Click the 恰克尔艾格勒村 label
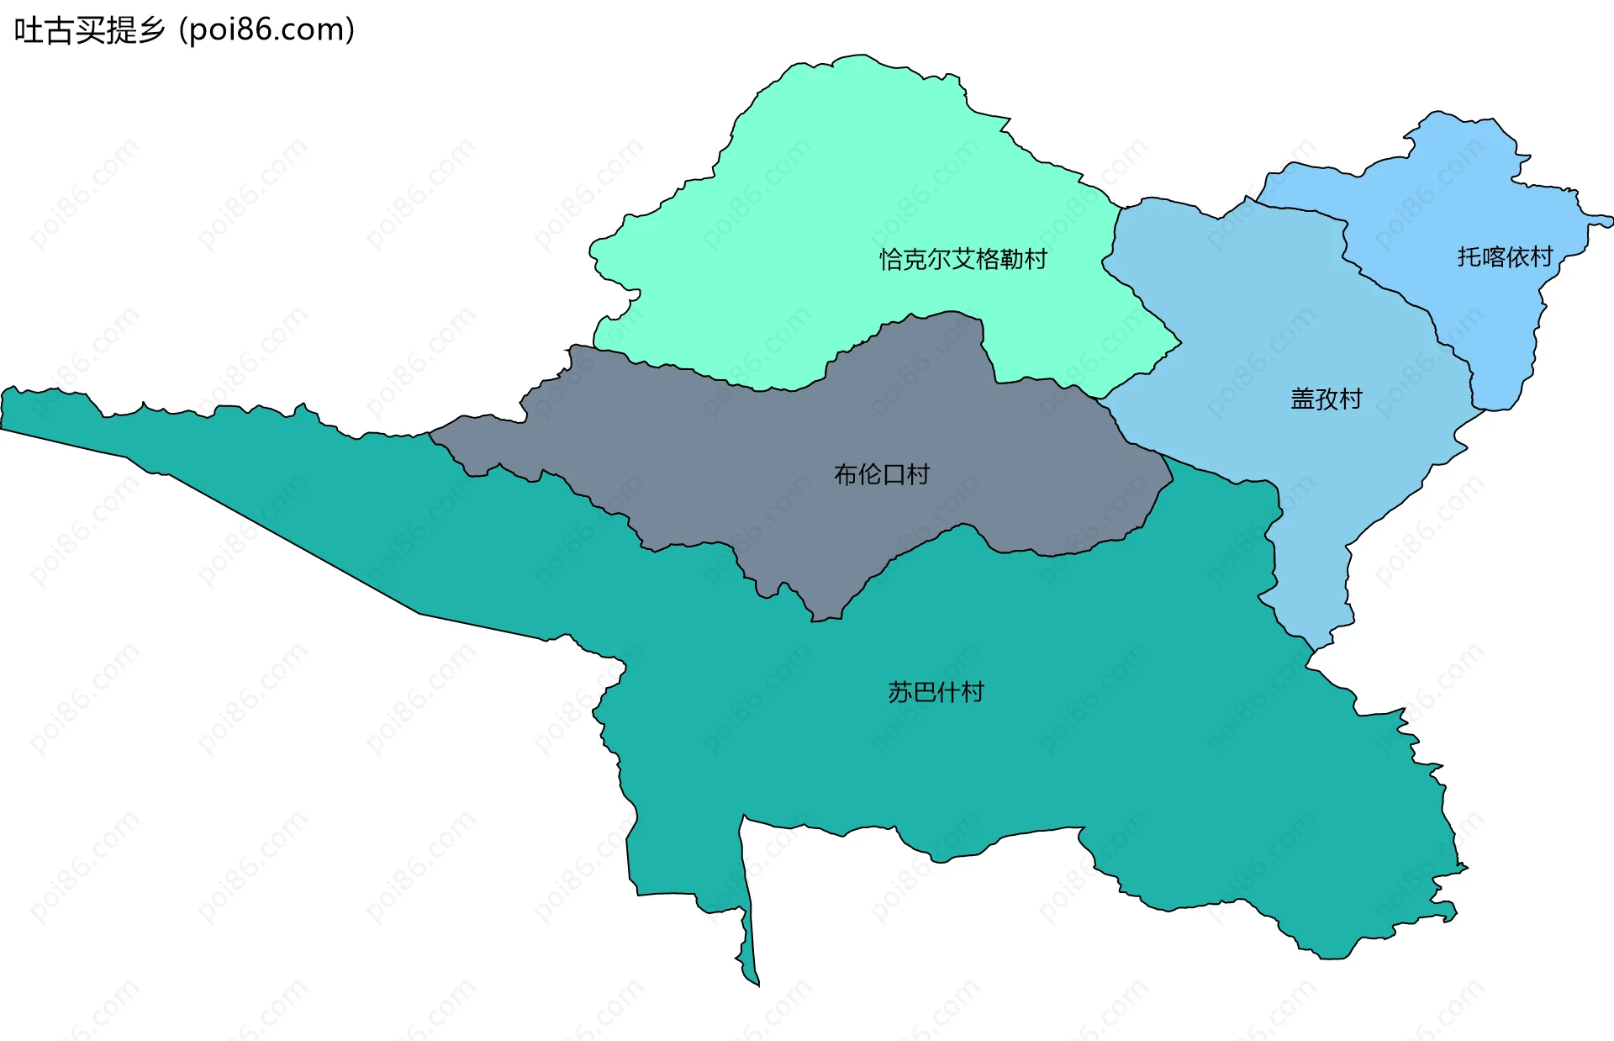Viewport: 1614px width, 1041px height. coord(963,259)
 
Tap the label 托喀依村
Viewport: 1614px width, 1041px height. coord(1505,256)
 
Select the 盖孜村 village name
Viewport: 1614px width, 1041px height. coord(1326,399)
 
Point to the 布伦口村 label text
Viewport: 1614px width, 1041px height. coord(881,475)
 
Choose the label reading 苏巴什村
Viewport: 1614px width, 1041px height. coord(936,692)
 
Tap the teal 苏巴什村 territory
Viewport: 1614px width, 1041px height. coord(1009,757)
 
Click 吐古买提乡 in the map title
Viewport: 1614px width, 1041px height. coord(89,30)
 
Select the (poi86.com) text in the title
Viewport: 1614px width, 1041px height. coord(267,30)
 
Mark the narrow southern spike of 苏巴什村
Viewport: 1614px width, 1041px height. coord(748,942)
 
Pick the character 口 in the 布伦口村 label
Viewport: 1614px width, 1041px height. coord(894,475)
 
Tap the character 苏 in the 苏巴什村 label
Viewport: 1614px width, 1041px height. coord(899,692)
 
